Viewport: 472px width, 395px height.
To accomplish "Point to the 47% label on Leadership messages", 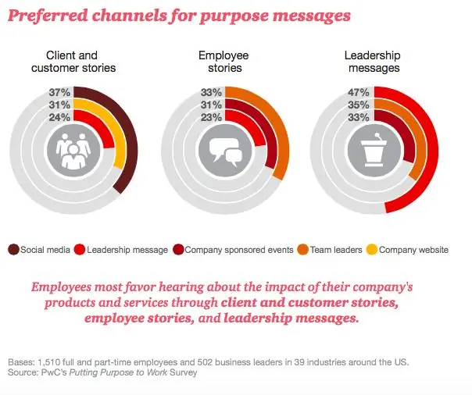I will tap(359, 92).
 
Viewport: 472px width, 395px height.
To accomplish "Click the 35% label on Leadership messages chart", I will tap(359, 105).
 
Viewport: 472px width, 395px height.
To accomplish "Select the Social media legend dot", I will tap(14, 250).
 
